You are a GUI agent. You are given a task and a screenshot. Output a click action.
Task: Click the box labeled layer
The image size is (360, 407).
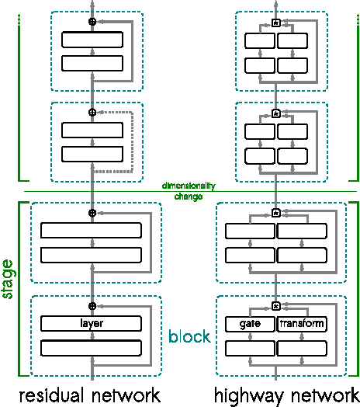point(92,323)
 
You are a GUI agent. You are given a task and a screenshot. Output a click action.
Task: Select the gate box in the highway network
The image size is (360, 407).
point(250,323)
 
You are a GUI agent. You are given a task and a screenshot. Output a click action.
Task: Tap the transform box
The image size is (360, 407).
point(302,323)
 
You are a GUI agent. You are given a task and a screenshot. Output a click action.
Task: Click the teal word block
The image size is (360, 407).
point(189,337)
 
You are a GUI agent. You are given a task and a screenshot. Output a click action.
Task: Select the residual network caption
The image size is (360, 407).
point(89,395)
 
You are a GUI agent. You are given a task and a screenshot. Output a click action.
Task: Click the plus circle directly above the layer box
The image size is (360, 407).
point(92,306)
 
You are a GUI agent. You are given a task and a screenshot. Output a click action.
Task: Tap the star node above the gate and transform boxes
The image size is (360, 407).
point(275,306)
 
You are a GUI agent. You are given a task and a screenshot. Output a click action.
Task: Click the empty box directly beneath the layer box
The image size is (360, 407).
point(92,347)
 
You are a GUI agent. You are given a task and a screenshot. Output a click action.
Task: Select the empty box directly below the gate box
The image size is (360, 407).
point(250,347)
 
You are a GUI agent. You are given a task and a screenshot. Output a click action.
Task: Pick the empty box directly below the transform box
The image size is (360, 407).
point(302,347)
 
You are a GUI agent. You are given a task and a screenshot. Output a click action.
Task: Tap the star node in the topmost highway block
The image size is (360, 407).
point(275,23)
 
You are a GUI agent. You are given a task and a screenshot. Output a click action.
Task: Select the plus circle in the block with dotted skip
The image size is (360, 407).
point(92,113)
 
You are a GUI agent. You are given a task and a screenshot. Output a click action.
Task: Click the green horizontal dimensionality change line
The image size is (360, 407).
point(78,191)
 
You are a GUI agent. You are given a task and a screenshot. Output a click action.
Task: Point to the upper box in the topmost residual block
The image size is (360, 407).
point(92,40)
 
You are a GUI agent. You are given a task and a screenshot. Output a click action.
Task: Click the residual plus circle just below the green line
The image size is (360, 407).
point(92,212)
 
